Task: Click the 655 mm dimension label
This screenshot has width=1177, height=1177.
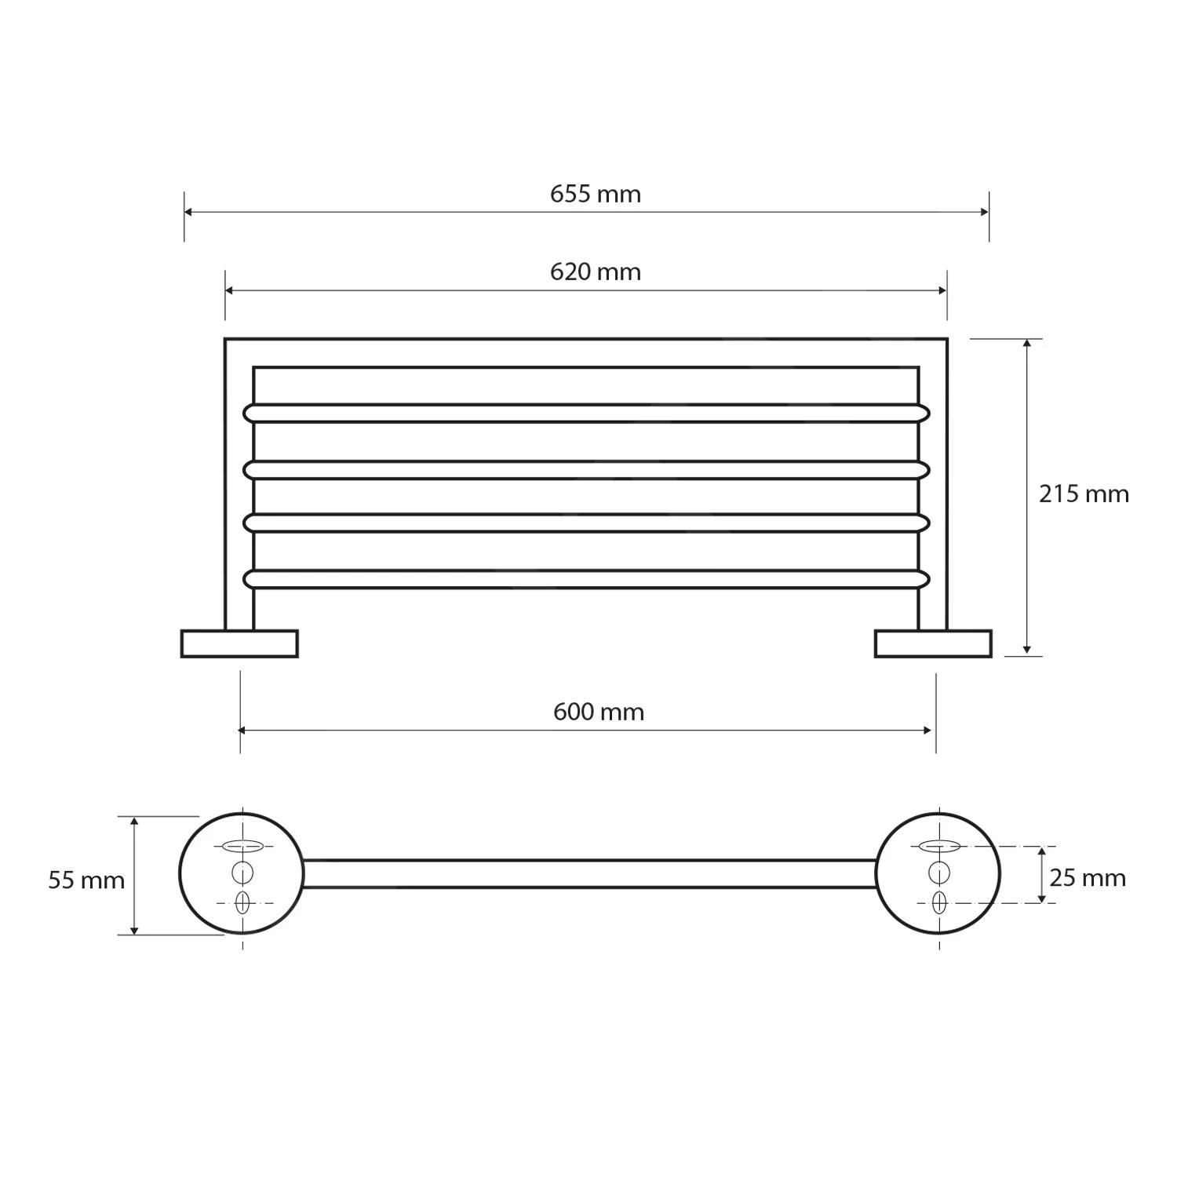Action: (596, 194)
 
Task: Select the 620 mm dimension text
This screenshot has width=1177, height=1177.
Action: (596, 272)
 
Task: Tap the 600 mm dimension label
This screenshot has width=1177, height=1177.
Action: (599, 712)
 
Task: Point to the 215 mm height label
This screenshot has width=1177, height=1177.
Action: (1084, 494)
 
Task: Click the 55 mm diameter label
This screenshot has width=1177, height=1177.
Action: (86, 880)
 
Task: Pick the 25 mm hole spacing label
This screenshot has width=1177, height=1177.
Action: (1088, 878)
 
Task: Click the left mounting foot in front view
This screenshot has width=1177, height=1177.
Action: (239, 643)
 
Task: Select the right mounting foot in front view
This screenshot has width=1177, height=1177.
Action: (934, 643)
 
